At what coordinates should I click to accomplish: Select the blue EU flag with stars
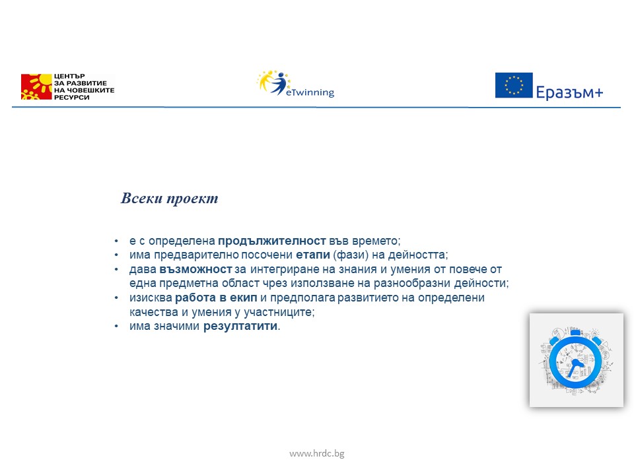pyautogui.click(x=514, y=85)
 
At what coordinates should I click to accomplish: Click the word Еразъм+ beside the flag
pyautogui.click(x=569, y=93)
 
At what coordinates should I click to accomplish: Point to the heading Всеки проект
pyautogui.click(x=169, y=199)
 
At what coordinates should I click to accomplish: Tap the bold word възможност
pyautogui.click(x=196, y=269)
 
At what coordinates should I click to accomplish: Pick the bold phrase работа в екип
pyautogui.click(x=212, y=298)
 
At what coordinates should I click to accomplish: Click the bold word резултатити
pyautogui.click(x=240, y=326)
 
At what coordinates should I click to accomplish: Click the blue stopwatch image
pyautogui.click(x=576, y=360)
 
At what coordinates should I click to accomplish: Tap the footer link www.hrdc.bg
pyautogui.click(x=317, y=453)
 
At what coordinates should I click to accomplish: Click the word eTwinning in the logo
pyautogui.click(x=310, y=93)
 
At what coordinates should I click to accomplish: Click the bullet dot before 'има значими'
pyautogui.click(x=116, y=327)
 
